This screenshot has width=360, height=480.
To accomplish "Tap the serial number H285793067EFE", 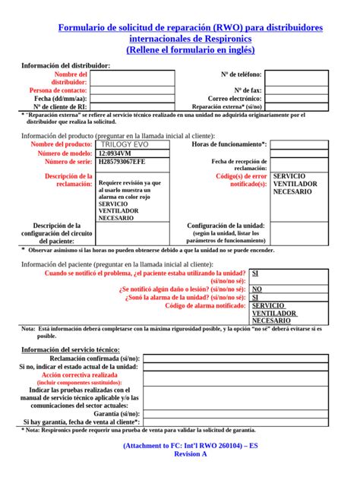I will click(x=122, y=163).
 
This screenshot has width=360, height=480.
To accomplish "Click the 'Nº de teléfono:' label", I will click(x=241, y=74).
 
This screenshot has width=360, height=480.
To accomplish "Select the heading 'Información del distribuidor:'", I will click(x=65, y=65).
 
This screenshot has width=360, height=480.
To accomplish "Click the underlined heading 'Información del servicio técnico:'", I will click(x=70, y=349).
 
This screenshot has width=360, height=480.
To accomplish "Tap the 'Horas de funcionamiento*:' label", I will click(x=229, y=144).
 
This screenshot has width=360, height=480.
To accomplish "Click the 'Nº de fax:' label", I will click(x=247, y=90).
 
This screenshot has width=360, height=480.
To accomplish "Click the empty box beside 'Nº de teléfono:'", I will click(x=297, y=74).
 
